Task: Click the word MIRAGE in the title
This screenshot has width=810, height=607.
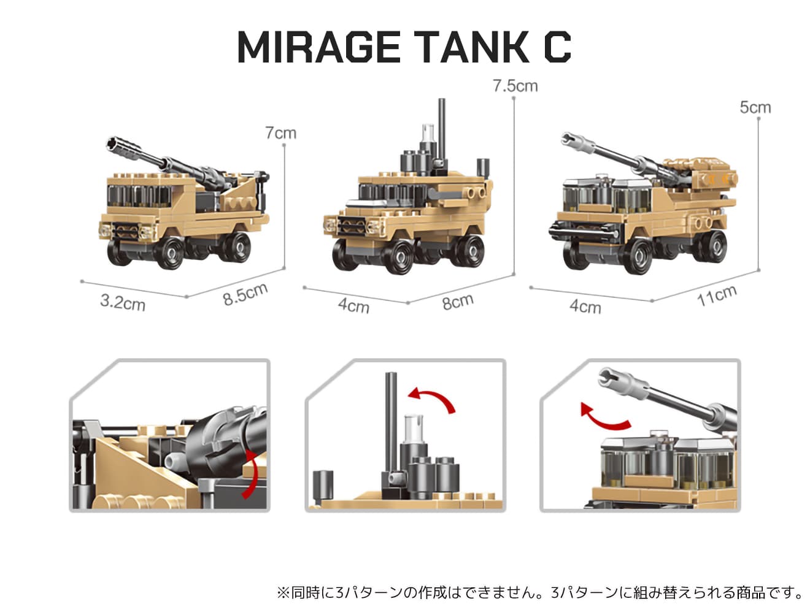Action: tap(318, 47)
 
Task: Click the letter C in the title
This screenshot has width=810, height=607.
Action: tap(557, 47)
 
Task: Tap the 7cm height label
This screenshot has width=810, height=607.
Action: tap(280, 133)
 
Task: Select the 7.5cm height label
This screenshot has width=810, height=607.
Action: tap(515, 86)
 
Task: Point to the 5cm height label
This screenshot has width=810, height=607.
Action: tap(755, 108)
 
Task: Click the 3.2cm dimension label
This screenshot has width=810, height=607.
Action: tap(123, 303)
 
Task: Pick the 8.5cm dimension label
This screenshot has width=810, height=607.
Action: tap(245, 294)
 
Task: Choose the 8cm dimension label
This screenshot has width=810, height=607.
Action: tap(458, 302)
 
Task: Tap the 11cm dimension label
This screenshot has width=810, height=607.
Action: tap(717, 296)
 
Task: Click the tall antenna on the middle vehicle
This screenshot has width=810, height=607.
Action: tap(441, 130)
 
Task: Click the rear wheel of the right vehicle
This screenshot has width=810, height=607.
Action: tap(711, 246)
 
